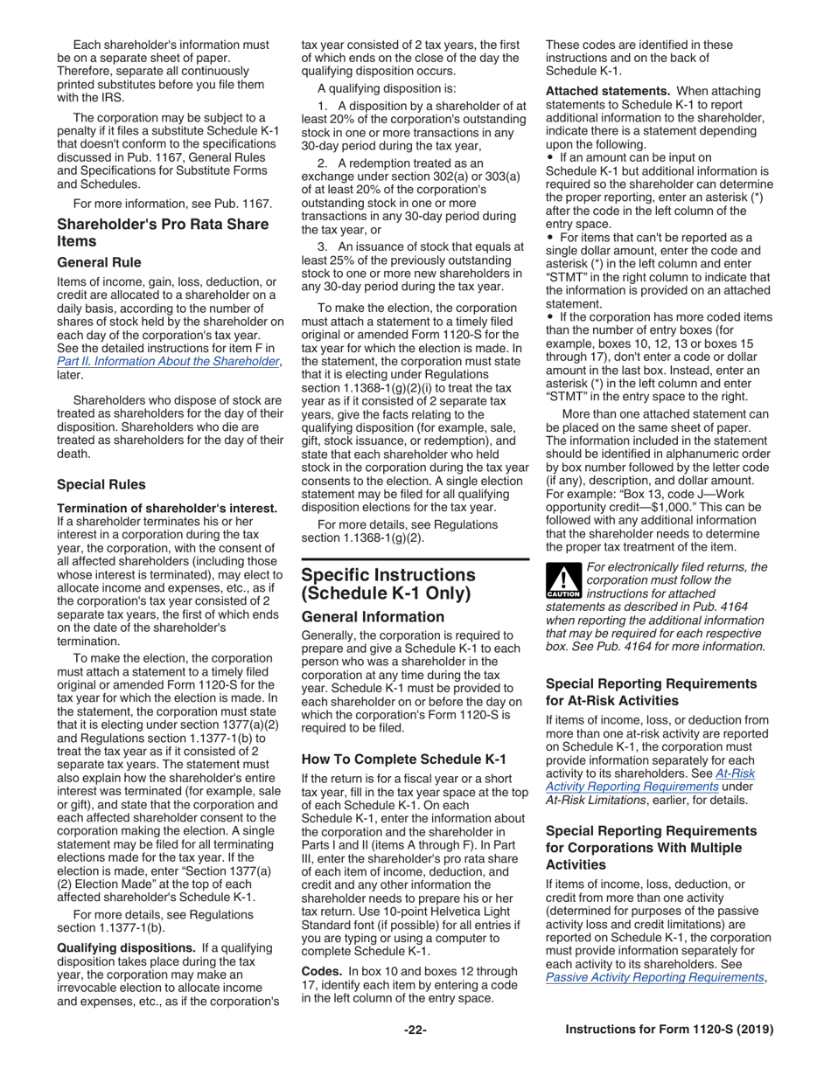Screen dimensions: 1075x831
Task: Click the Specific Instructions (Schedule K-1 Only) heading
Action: pos(388,585)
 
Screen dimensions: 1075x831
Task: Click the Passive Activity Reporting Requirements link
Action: pos(654,1002)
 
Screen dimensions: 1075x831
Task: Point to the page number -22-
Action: pos(415,1030)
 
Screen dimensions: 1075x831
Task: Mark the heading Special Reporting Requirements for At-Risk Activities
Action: pos(651,690)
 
